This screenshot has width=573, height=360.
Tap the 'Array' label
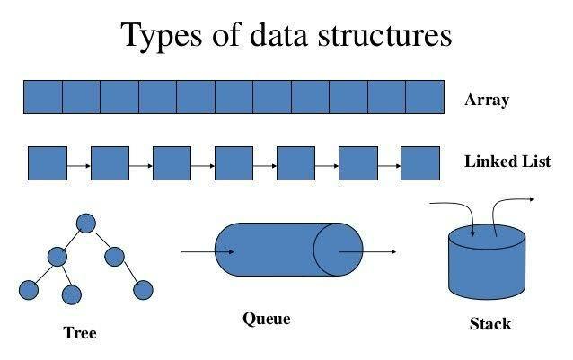click(x=487, y=100)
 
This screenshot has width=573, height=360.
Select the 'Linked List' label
click(x=507, y=162)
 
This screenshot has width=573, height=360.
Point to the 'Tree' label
click(x=79, y=333)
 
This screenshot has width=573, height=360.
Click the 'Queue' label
click(x=267, y=318)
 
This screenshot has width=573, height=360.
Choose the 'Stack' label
click(x=490, y=323)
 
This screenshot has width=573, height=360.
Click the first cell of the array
click(x=42, y=96)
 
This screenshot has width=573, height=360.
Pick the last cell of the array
click(x=425, y=96)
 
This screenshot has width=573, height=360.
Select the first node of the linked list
click(x=48, y=163)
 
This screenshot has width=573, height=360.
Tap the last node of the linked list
click(x=419, y=163)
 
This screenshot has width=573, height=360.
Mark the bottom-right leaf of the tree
click(x=142, y=290)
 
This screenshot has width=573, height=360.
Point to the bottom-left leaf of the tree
click(x=29, y=290)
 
